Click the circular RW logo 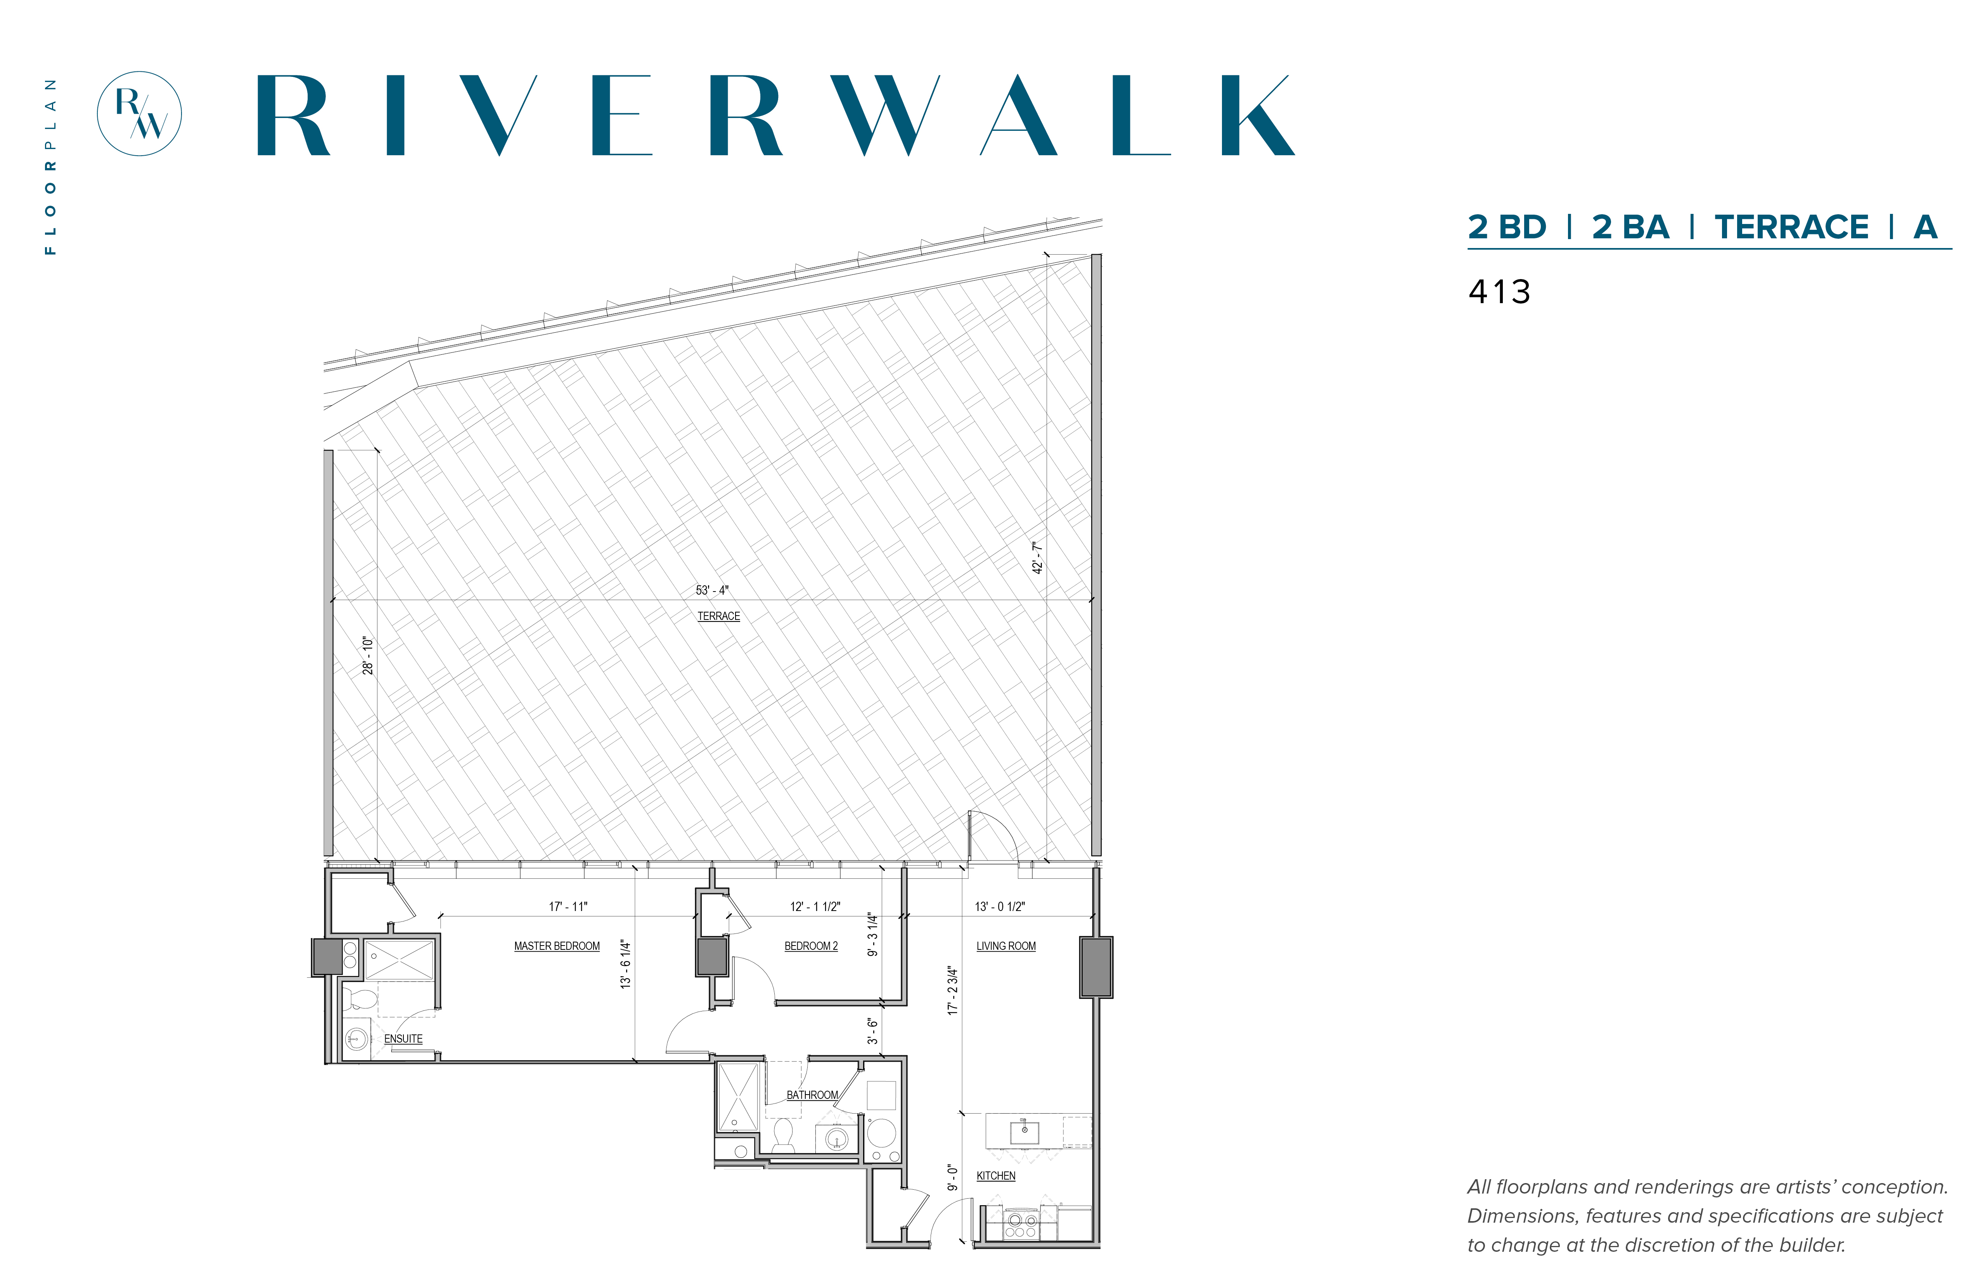tap(139, 113)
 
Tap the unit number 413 tap(1499, 292)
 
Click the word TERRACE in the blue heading tap(1792, 227)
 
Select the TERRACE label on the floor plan tap(718, 616)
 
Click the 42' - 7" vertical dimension tap(1038, 557)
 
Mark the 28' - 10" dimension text tap(367, 655)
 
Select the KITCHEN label tap(996, 1176)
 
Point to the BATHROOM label tap(812, 1095)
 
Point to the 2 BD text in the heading tap(1507, 227)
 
